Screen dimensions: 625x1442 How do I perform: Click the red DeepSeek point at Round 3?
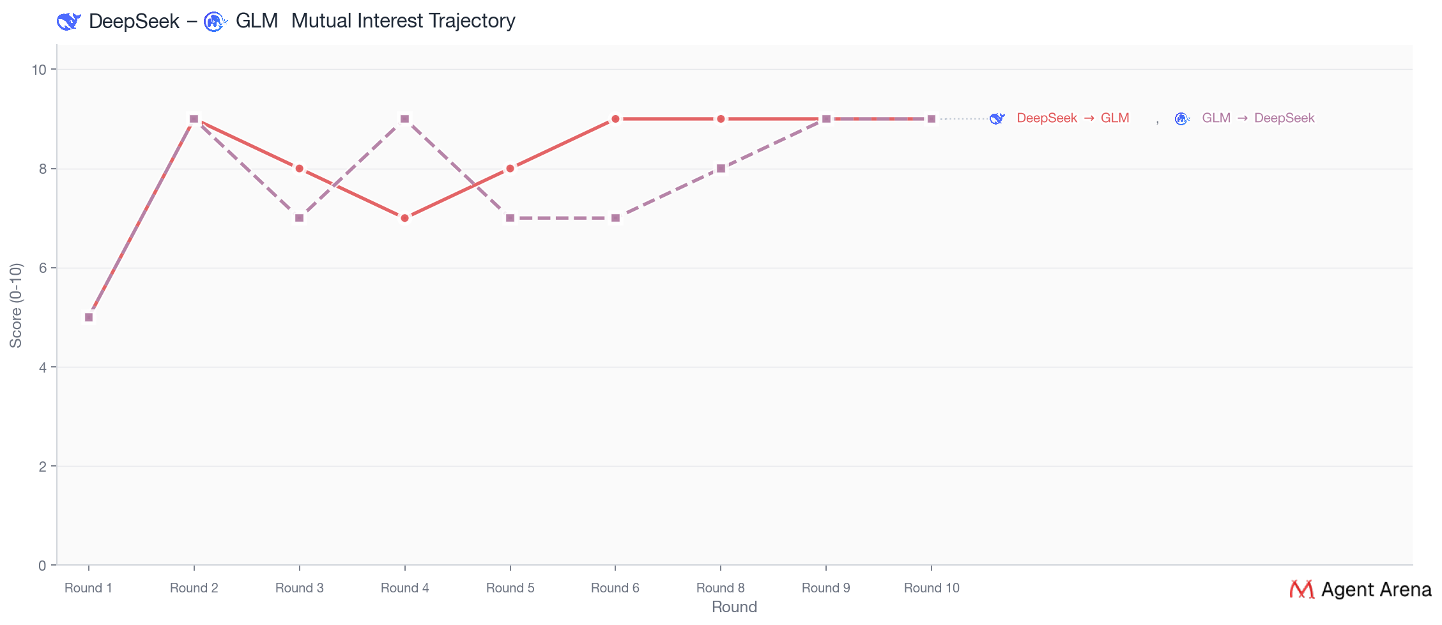299,169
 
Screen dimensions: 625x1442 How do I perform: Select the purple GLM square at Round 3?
299,218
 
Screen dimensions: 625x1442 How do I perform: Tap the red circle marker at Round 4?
404,218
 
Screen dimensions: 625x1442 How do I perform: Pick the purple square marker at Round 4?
404,119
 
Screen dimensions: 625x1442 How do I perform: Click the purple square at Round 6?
615,218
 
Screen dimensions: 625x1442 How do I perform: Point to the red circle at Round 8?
721,119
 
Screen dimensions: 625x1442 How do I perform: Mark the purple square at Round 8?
721,169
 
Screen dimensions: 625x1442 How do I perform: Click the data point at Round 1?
89,317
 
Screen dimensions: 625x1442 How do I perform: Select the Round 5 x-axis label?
510,588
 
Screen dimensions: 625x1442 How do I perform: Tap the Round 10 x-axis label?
932,588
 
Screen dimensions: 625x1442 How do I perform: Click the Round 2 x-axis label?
194,588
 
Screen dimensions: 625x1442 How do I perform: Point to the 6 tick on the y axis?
43,268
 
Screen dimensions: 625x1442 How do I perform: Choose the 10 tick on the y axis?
40,70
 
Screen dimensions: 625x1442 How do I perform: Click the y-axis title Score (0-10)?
16,305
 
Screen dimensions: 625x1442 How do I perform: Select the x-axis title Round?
734,607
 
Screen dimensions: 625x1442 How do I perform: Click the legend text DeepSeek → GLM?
1073,118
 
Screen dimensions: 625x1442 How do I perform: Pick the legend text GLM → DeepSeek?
1258,118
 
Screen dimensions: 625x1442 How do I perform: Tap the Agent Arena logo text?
1376,589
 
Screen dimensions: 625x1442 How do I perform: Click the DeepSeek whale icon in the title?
68,21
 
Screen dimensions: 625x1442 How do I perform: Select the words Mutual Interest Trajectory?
403,21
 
